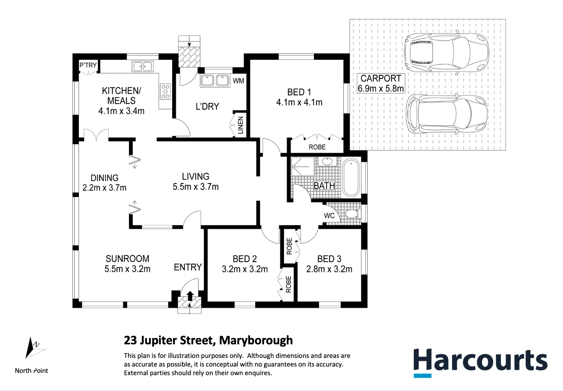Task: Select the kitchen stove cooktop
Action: pos(165,92)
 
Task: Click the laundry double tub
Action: pos(215,81)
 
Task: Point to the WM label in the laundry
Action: pos(238,81)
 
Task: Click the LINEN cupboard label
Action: pos(241,126)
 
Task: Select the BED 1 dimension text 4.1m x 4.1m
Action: pos(299,102)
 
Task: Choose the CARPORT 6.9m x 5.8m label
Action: pos(380,83)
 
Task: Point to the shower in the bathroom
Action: pos(302,166)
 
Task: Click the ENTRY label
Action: pos(188,267)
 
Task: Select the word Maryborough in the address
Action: pos(256,340)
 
